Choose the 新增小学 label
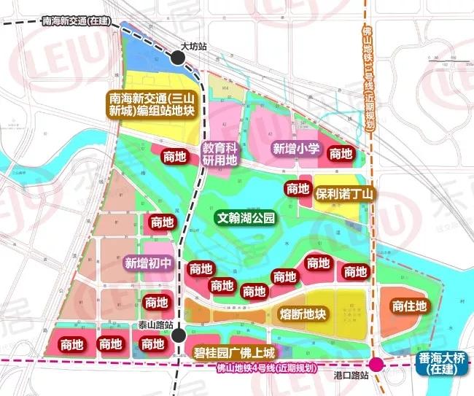(x=296, y=149)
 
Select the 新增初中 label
(x=149, y=263)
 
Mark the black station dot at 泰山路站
(x=178, y=335)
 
